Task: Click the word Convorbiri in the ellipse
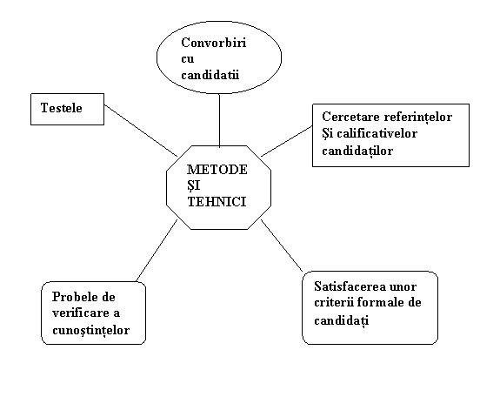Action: (214, 43)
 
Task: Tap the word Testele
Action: (62, 108)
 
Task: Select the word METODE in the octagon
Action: (217, 170)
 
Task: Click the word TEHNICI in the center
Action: (217, 202)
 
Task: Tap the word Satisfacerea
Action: (345, 286)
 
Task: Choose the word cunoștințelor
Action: (91, 331)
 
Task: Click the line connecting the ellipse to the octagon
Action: (219, 120)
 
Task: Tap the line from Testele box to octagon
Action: (141, 131)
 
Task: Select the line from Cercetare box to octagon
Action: (287, 141)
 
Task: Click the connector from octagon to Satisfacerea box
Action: (282, 246)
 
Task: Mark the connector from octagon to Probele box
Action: (157, 250)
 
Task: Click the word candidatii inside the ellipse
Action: (210, 75)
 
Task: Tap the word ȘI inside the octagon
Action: (193, 185)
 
